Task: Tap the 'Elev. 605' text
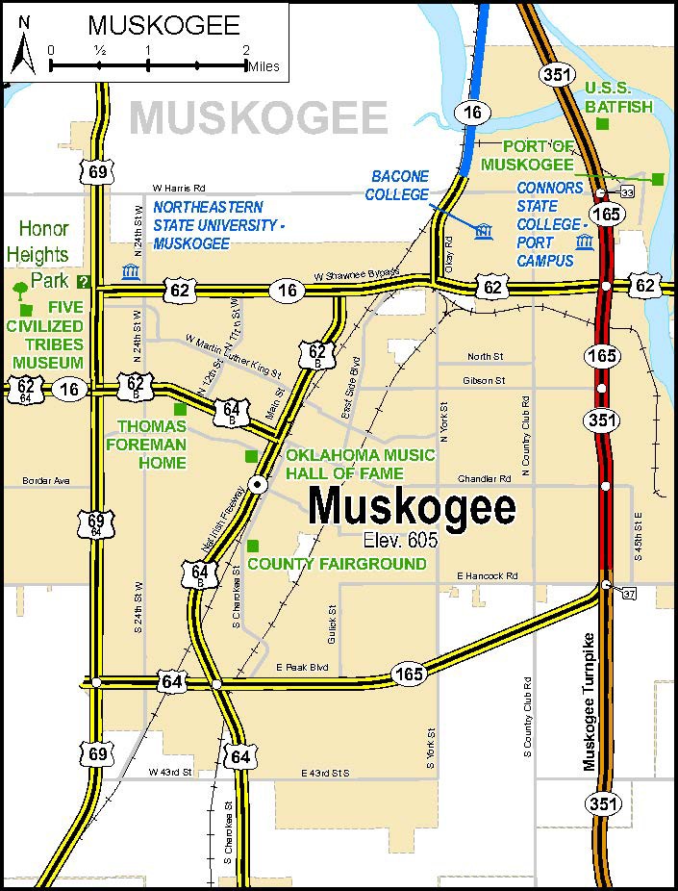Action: [x=400, y=540]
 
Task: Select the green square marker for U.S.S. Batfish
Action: [x=602, y=124]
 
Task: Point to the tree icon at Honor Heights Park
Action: [x=18, y=288]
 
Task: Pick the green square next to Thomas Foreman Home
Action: [x=179, y=409]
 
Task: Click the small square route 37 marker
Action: [x=628, y=592]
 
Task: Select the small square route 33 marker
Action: [x=627, y=193]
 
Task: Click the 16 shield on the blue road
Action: [x=471, y=113]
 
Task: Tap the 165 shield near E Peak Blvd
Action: [x=408, y=675]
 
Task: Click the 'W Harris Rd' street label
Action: [x=179, y=188]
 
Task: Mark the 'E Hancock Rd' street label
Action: [x=487, y=575]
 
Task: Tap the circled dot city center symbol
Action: [x=258, y=485]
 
